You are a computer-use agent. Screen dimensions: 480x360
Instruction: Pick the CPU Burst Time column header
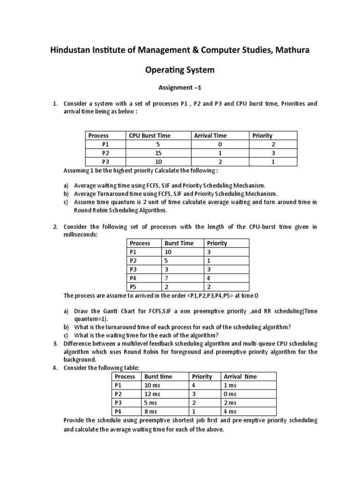[x=150, y=135]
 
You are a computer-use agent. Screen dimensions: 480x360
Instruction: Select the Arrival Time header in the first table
[x=210, y=135]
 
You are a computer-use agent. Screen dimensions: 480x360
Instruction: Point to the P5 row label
[x=134, y=287]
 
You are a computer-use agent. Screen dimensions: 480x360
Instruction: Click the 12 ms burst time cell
[x=152, y=394]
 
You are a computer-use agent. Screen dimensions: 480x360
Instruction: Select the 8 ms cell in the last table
[x=150, y=411]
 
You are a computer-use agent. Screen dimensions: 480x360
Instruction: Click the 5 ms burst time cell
[x=150, y=403]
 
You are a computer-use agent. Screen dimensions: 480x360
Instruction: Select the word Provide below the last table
[x=74, y=420]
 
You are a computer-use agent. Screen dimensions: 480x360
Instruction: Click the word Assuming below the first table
[x=75, y=170]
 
